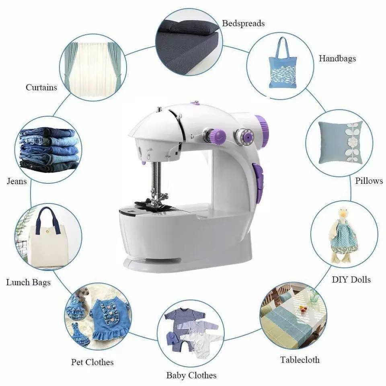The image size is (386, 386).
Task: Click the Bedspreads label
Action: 243,23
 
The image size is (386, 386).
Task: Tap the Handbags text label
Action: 337,59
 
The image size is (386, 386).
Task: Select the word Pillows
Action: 369,181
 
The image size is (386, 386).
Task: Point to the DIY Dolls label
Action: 351,279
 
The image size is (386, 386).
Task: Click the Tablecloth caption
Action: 300,359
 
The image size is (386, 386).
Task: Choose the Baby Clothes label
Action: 191,376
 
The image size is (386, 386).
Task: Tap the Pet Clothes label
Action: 92,362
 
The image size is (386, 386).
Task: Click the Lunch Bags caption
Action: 28,282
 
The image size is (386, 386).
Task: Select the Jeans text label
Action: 17,181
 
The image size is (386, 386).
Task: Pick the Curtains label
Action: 41,87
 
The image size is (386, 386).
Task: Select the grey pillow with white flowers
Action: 340,142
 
